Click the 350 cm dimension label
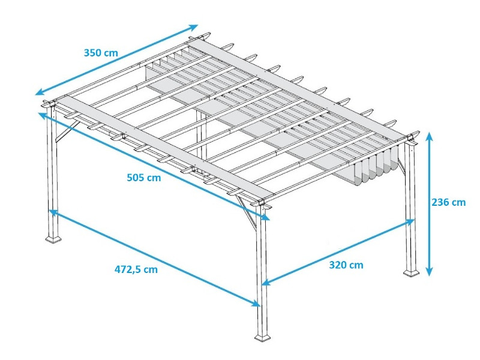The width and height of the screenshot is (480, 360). pos(101,52)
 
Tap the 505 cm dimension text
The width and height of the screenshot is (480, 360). pos(143,177)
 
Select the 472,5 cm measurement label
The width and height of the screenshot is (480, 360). pos(136,269)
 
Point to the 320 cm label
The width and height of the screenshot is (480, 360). pos(346,265)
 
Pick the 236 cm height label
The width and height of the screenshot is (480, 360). pos(448,202)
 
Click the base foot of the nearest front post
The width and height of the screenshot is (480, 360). pos(262,339)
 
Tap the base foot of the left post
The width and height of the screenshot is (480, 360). pos(53,239)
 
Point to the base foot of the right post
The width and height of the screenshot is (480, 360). pos(411,272)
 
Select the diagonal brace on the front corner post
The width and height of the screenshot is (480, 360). pos(247,210)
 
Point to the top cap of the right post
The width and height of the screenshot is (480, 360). pos(411,139)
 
